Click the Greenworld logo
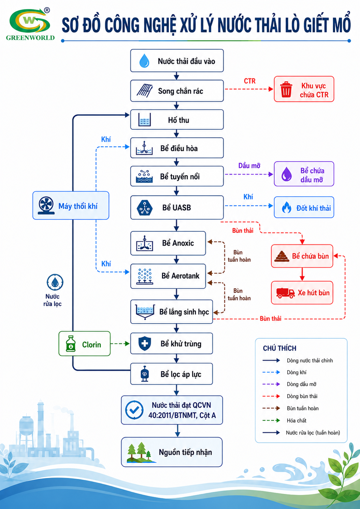[x=30, y=24]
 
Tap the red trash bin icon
[x=286, y=89]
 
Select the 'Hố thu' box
[x=177, y=119]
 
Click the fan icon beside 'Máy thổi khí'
[x=46, y=206]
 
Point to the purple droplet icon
[x=286, y=174]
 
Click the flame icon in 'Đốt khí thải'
[x=286, y=207]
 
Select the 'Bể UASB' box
[x=177, y=208]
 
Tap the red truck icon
[x=286, y=293]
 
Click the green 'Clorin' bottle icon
[x=71, y=343]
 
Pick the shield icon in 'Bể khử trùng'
[x=145, y=343]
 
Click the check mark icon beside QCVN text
[x=134, y=410]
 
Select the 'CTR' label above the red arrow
[x=250, y=81]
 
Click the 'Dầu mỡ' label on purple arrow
[x=249, y=166]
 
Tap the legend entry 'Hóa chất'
[x=297, y=420]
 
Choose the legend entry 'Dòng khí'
[x=297, y=372]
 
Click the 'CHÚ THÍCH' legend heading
[x=279, y=348]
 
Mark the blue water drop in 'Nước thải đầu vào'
[x=144, y=60]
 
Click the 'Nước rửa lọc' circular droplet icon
[x=55, y=282]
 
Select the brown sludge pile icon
[x=282, y=256]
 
